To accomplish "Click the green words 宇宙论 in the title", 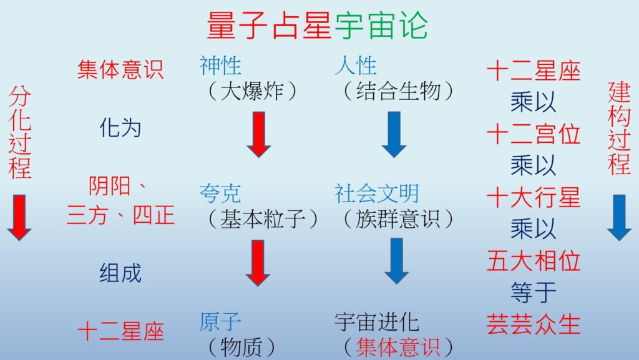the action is (381, 25).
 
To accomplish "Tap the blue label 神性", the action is (220, 66).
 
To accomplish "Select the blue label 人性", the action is (356, 66).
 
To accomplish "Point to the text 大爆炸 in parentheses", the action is (252, 90).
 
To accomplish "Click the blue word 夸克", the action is (220, 193).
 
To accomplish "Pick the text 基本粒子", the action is (263, 219).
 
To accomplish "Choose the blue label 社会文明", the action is (377, 193).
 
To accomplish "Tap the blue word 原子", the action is (220, 322).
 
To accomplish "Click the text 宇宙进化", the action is (377, 322).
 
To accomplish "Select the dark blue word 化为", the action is (120, 129).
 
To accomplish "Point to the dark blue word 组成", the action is (120, 273).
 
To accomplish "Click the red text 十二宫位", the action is (534, 134).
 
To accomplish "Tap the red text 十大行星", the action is (534, 198).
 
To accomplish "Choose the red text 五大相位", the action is (534, 261).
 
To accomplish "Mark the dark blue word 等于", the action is (534, 293).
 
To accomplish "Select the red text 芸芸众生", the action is (534, 324).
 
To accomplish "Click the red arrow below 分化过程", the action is (19, 218).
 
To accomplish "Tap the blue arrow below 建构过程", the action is (619, 218).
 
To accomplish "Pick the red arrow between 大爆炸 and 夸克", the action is (259, 135).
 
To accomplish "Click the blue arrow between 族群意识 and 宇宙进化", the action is (396, 261).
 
